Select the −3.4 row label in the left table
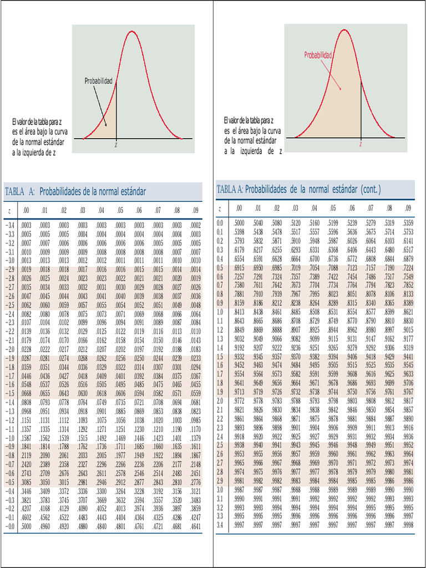coord(10,225)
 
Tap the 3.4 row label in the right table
coord(220,525)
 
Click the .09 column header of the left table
coord(195,211)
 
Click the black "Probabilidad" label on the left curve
coord(98,82)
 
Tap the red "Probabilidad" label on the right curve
coord(318,55)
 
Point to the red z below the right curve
coord(361,144)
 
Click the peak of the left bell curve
coord(131,32)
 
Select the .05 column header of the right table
coord(333,209)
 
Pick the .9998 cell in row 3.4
coord(408,525)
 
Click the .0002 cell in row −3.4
coord(195,225)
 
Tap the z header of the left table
coord(9,211)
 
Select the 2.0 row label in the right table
coord(220,400)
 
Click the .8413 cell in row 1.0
coord(239,312)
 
